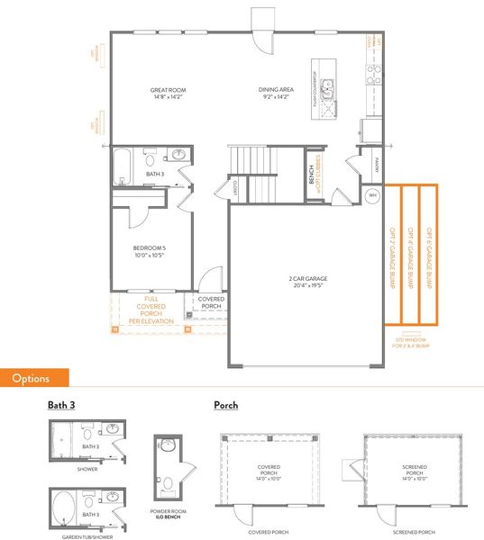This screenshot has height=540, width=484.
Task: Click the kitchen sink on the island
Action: (330, 88)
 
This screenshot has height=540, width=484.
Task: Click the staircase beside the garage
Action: (264, 176)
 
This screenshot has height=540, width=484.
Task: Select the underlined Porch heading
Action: (225, 405)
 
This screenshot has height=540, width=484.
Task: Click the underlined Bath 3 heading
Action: (61, 405)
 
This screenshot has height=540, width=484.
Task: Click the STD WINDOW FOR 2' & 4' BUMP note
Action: (411, 342)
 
